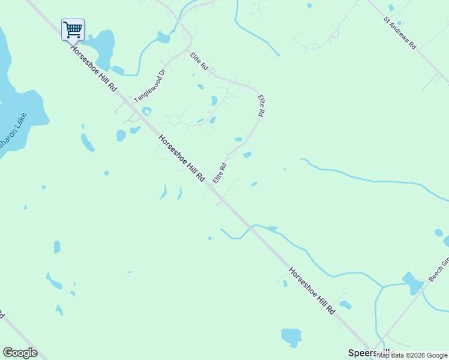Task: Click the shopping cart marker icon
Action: coord(73,29)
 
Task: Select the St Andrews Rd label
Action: coord(400,32)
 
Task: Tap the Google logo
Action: coord(20,353)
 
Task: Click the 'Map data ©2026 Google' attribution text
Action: coord(412,355)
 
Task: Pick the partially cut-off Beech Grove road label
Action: coord(439,271)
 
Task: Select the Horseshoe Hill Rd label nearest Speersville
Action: coord(311,291)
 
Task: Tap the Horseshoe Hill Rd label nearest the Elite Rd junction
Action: coord(181,159)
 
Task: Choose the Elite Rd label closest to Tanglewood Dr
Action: coord(199,62)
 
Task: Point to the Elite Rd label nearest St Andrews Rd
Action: coord(262,106)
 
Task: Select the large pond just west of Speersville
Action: coord(291,336)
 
